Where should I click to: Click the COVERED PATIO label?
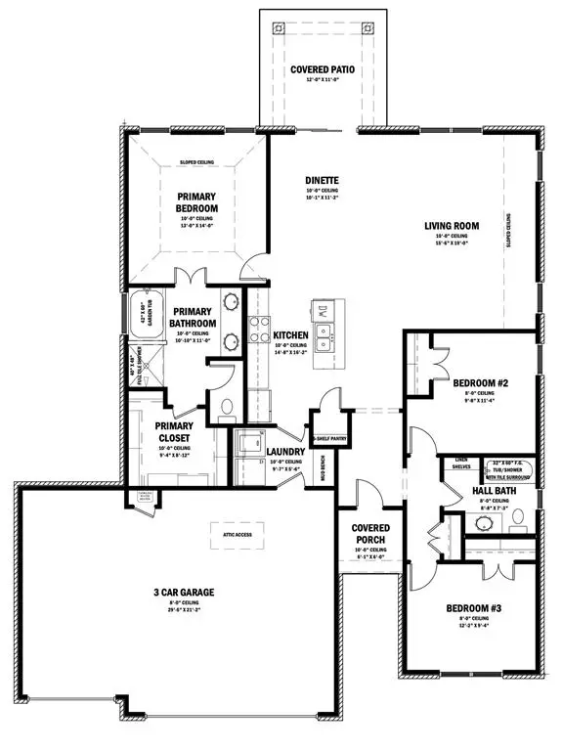[314, 70]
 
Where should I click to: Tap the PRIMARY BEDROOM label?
[196, 201]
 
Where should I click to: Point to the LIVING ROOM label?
[451, 226]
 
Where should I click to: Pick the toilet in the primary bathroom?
[226, 406]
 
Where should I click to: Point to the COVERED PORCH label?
[369, 534]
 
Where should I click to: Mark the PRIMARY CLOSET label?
[172, 431]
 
